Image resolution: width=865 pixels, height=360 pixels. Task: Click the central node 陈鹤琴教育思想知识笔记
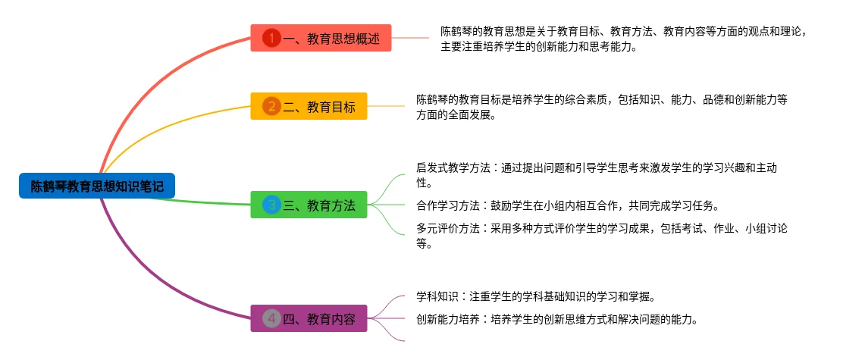coord(97,186)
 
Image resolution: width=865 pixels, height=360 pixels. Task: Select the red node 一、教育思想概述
coord(331,38)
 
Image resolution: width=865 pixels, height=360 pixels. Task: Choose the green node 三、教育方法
coord(318,205)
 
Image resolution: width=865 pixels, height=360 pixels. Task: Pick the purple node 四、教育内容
coord(318,319)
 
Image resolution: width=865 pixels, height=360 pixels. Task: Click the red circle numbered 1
coord(271,38)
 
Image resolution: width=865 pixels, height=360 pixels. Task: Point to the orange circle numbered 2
coord(271,107)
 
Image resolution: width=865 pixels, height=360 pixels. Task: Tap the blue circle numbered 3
coord(271,205)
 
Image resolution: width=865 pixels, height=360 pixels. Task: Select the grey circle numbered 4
coord(271,319)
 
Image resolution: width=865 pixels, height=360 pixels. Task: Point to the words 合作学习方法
coord(447,205)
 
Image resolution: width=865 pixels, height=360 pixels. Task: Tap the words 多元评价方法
coord(447,229)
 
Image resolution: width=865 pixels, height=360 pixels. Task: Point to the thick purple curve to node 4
coord(152,280)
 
